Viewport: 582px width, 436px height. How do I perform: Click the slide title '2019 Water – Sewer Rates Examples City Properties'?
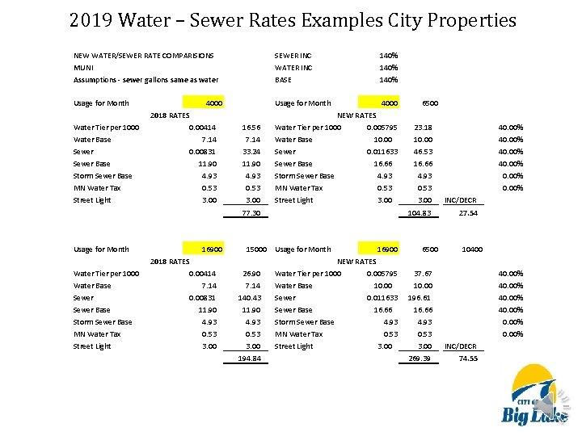[292, 19]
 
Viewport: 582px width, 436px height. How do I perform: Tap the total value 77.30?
[251, 213]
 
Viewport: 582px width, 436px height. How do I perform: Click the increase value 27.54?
[468, 213]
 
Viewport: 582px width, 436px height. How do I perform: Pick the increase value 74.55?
[468, 358]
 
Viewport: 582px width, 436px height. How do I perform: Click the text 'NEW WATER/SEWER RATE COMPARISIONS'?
[144, 56]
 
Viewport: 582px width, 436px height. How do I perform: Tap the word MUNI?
[83, 68]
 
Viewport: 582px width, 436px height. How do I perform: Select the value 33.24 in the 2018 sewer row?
[251, 152]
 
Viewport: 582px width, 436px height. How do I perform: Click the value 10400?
[471, 249]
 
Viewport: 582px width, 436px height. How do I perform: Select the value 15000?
[256, 249]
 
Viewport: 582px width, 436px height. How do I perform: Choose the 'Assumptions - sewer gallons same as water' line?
[146, 80]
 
